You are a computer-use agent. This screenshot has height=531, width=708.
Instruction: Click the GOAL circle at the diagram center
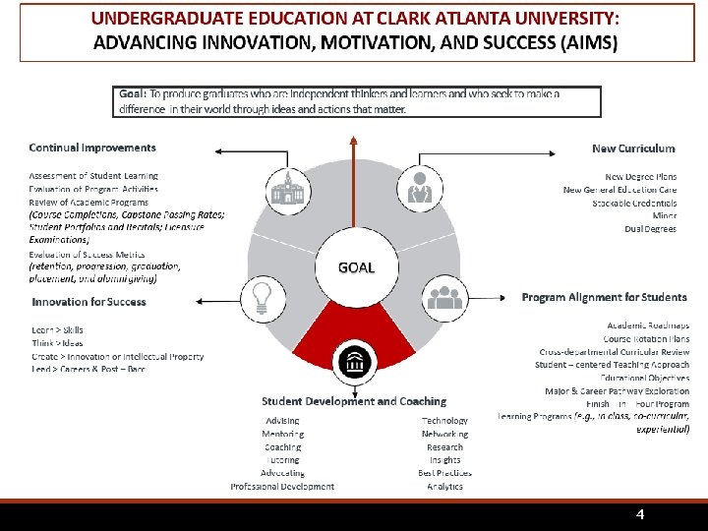tap(355, 267)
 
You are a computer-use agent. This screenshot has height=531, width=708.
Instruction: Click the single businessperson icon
tap(421, 187)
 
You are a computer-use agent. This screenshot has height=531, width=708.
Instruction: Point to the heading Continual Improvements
tap(92, 148)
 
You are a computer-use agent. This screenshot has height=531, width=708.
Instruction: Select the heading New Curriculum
tap(633, 148)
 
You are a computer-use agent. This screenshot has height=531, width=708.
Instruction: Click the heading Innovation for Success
tap(88, 302)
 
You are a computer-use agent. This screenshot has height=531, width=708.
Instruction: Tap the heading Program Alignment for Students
tap(604, 297)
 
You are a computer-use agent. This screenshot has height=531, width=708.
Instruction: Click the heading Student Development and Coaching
tap(354, 401)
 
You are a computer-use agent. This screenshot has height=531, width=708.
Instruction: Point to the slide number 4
tap(640, 515)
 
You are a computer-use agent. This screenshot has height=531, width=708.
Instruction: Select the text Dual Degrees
tap(650, 229)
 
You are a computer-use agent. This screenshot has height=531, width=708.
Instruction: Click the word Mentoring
tap(282, 434)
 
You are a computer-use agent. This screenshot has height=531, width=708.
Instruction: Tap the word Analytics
tap(444, 487)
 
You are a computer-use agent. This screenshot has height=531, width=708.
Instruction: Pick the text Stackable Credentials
tap(634, 203)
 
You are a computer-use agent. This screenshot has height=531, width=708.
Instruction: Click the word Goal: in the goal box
tap(133, 94)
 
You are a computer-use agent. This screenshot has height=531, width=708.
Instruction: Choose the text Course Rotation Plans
tap(646, 339)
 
